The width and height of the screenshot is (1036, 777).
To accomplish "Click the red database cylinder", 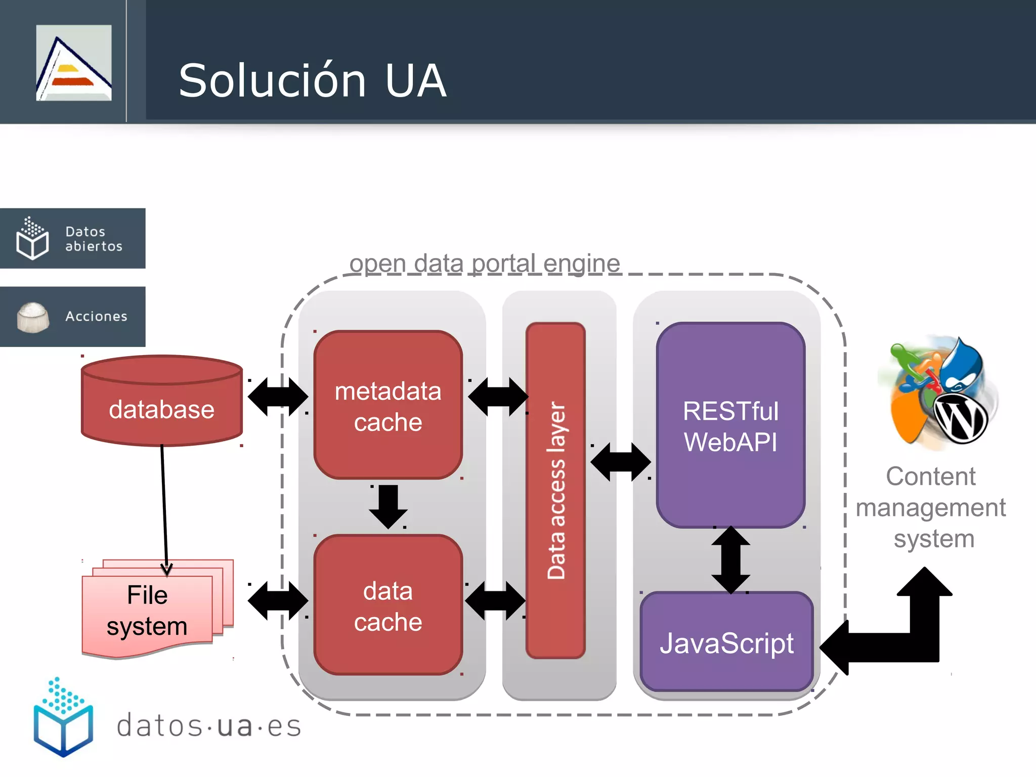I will point(161,405).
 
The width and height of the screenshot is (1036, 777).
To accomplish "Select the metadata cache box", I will point(388,405).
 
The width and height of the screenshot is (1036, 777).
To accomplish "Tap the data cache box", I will point(388,605).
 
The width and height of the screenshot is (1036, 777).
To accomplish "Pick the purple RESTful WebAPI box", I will point(730,425).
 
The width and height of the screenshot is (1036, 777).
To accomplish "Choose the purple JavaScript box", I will point(726,642).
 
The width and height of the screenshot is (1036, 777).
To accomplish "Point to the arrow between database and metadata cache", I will point(278,397).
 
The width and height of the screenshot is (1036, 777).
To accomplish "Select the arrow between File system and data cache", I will point(278,600).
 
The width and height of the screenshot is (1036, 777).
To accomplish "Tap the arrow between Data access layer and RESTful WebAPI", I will point(621,461).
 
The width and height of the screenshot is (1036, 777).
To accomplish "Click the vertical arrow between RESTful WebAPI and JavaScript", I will point(730,559).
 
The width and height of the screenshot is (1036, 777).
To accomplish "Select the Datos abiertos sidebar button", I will point(72,238).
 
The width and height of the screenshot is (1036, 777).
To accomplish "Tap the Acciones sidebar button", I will point(72,317).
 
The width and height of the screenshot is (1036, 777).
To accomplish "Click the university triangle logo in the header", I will point(74,63).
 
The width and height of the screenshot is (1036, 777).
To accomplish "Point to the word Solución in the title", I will point(272,81).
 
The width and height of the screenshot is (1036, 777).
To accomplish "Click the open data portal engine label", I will point(485,264).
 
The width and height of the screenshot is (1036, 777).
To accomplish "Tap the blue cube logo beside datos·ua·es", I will point(63,718).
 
